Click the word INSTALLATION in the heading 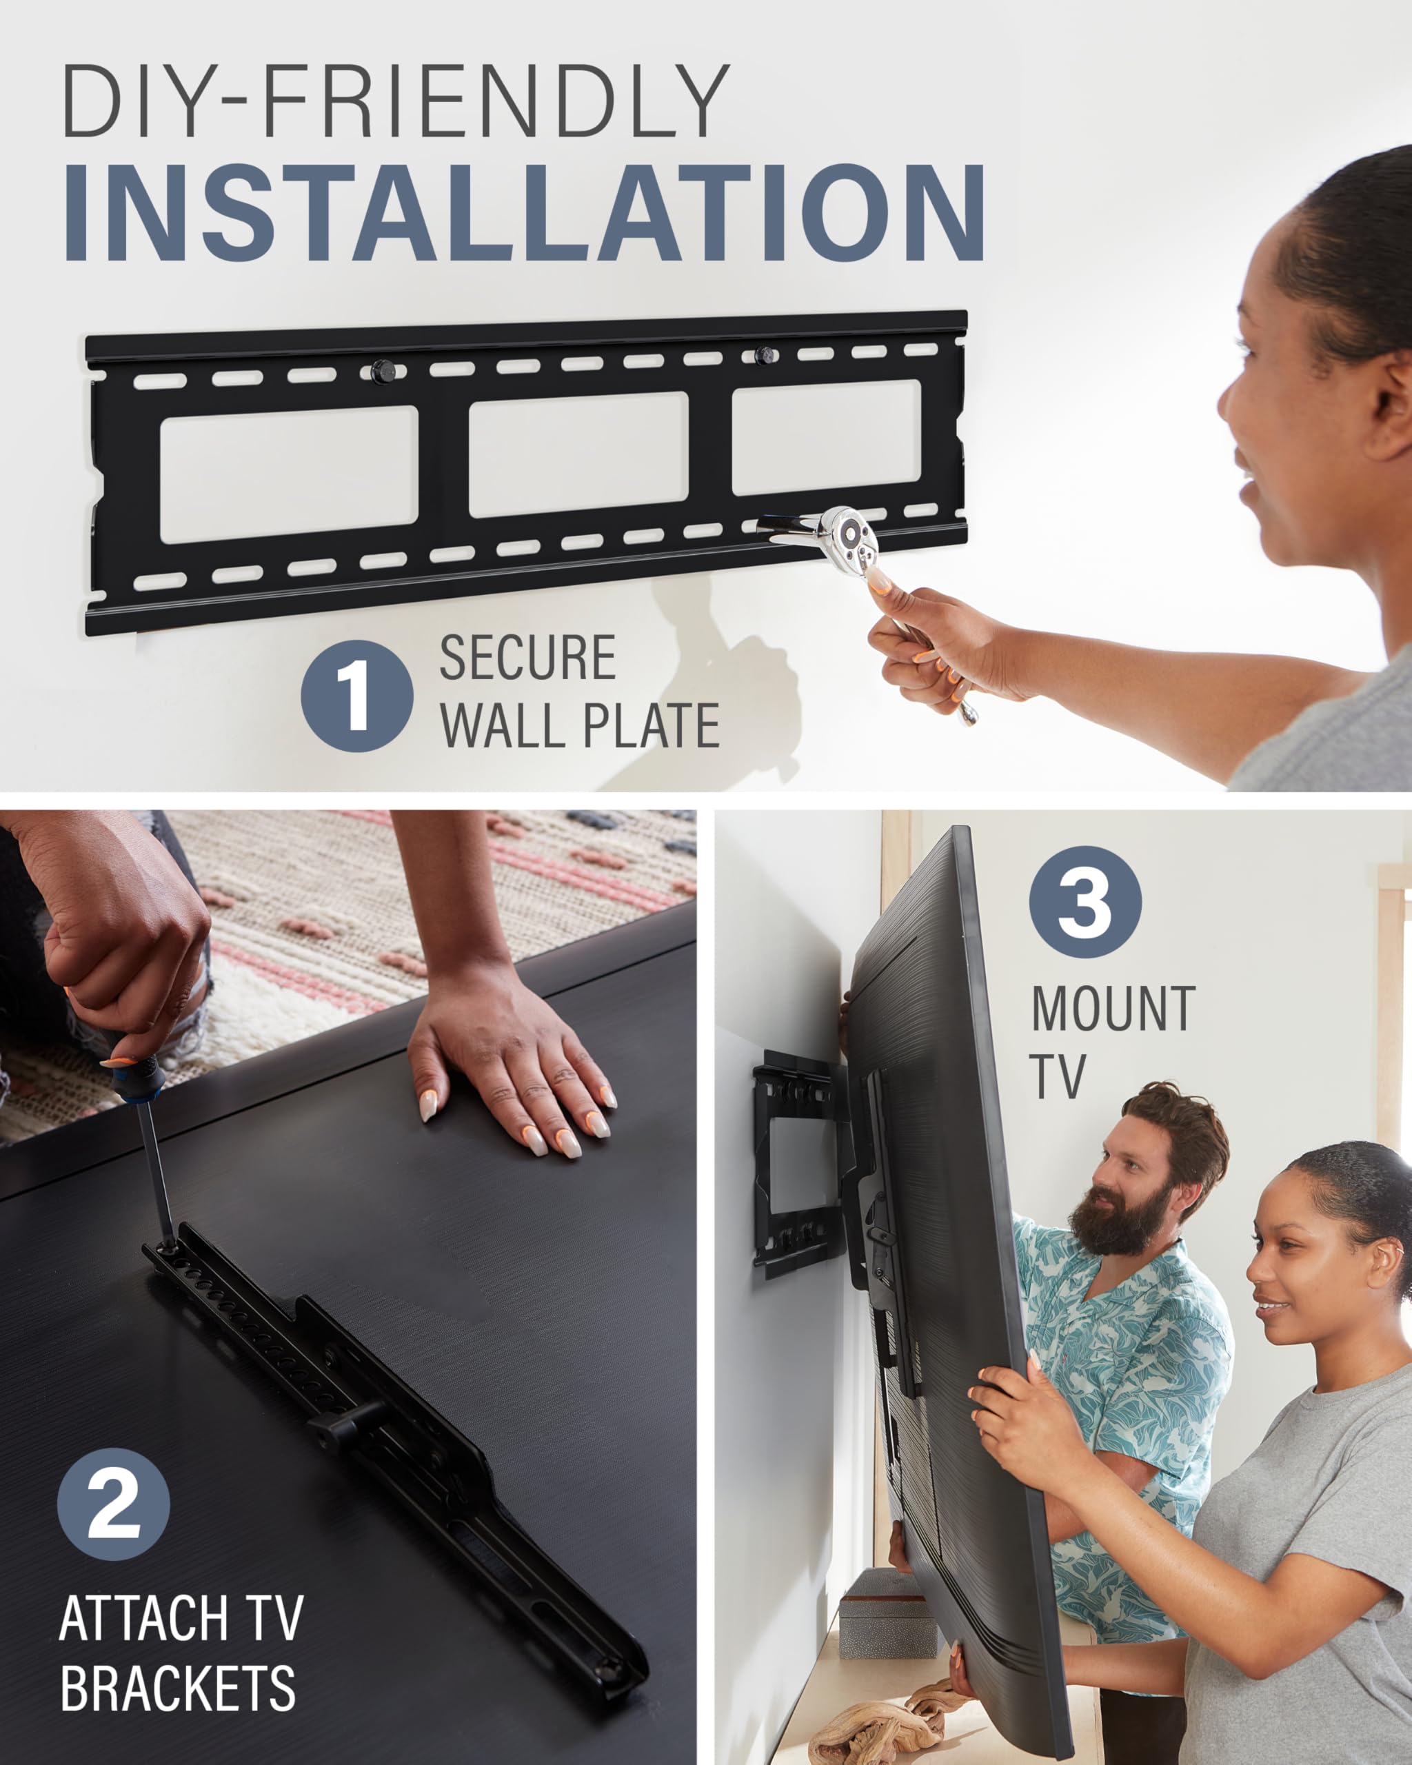[524, 214]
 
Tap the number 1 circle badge [357, 696]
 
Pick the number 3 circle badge [1085, 902]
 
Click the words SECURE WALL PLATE [578, 692]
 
